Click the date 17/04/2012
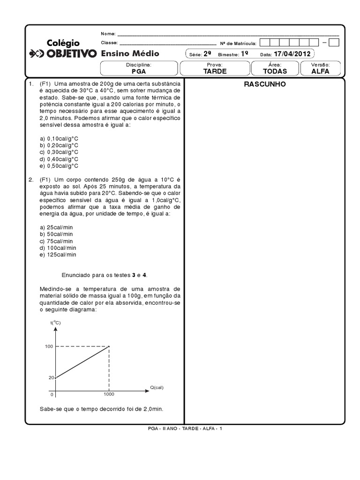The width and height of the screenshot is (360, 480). click(292, 53)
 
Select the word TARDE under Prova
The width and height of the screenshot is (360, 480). click(215, 71)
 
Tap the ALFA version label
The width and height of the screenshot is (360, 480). click(320, 71)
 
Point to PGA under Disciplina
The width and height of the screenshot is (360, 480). click(139, 71)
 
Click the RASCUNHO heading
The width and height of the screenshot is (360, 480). click(265, 84)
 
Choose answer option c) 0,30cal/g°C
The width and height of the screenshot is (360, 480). click(59, 152)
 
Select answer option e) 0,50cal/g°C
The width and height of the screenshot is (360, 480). click(59, 165)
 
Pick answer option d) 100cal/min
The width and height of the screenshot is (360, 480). click(58, 247)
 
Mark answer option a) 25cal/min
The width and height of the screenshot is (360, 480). click(57, 227)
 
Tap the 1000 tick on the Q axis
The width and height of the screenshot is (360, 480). click(109, 395)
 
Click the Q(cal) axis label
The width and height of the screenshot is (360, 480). click(157, 387)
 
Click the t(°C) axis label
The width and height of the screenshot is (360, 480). click(55, 323)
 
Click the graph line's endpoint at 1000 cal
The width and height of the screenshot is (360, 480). click(109, 346)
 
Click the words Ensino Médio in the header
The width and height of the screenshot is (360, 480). click(130, 53)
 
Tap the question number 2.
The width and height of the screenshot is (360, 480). click(30, 180)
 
